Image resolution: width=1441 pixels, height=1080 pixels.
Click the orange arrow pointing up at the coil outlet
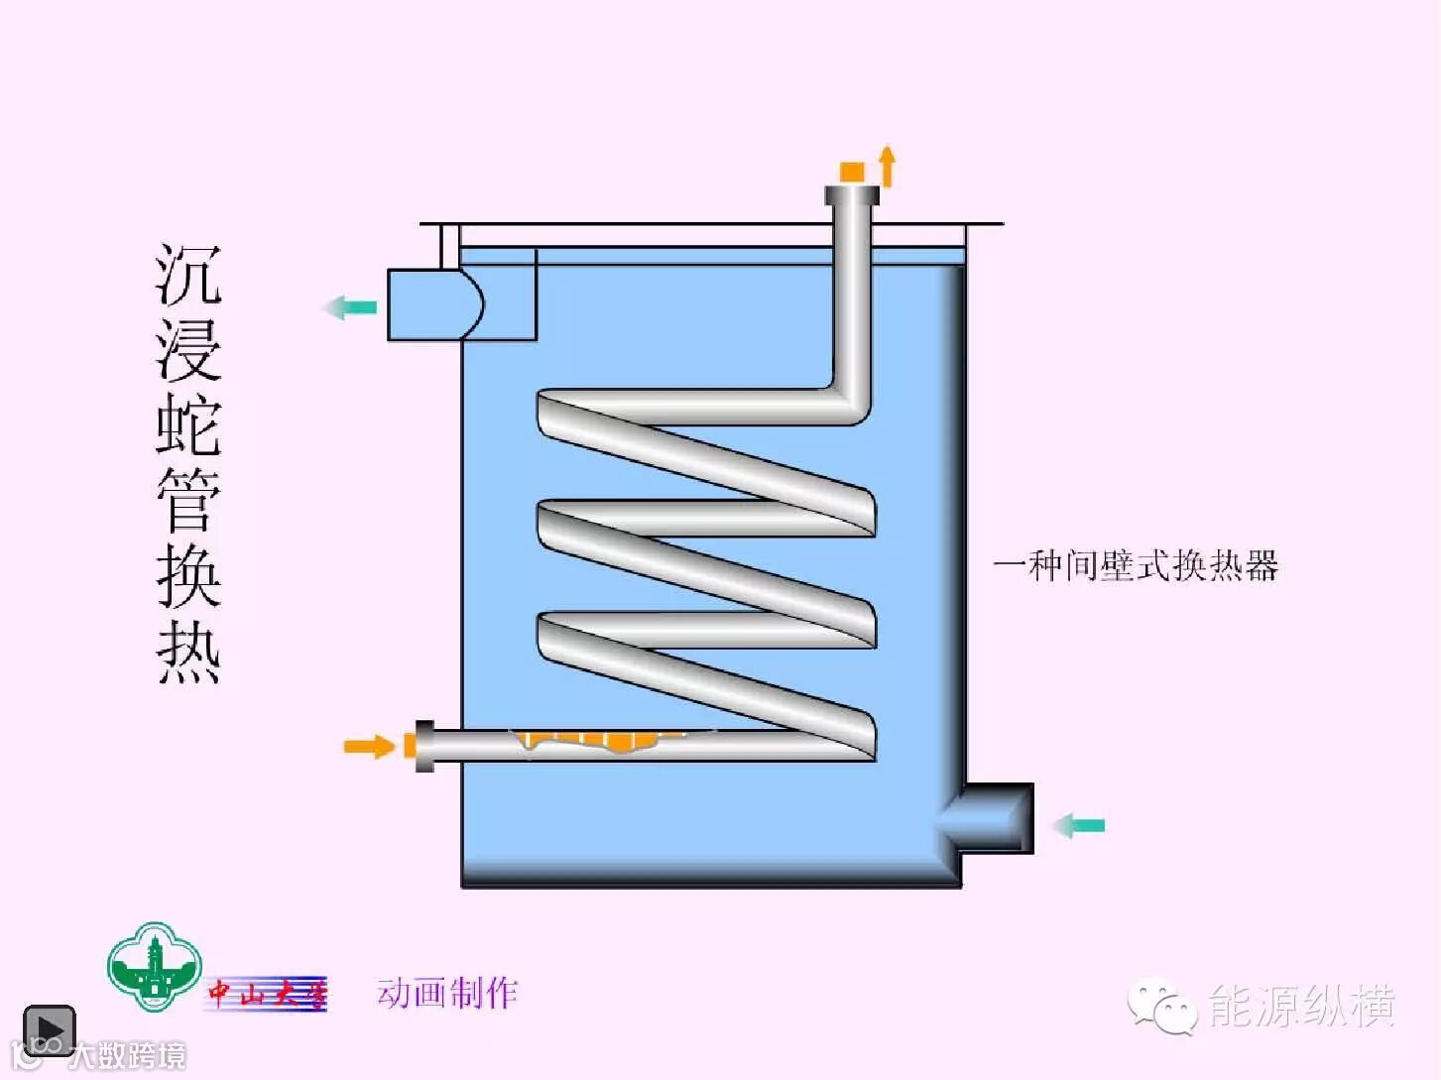888,166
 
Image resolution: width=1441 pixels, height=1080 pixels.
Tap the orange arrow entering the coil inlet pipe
369,746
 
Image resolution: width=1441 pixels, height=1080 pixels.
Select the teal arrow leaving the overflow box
350,307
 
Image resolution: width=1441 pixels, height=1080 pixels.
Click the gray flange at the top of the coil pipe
852,195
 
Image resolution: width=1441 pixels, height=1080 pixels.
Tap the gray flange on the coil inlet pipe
424,746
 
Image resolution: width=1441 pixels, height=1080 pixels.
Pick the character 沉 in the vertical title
188,275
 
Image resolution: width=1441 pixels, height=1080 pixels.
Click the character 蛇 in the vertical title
188,424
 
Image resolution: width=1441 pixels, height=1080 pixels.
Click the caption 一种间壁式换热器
1136,565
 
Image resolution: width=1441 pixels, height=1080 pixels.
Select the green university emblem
155,967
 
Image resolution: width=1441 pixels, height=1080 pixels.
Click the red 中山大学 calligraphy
266,993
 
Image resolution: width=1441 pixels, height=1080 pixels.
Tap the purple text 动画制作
447,992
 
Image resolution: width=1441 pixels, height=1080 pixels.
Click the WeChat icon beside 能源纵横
1161,1006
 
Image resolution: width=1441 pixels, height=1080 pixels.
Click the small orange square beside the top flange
852,172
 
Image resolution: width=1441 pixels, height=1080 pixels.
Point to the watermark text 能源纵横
1301,1006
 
